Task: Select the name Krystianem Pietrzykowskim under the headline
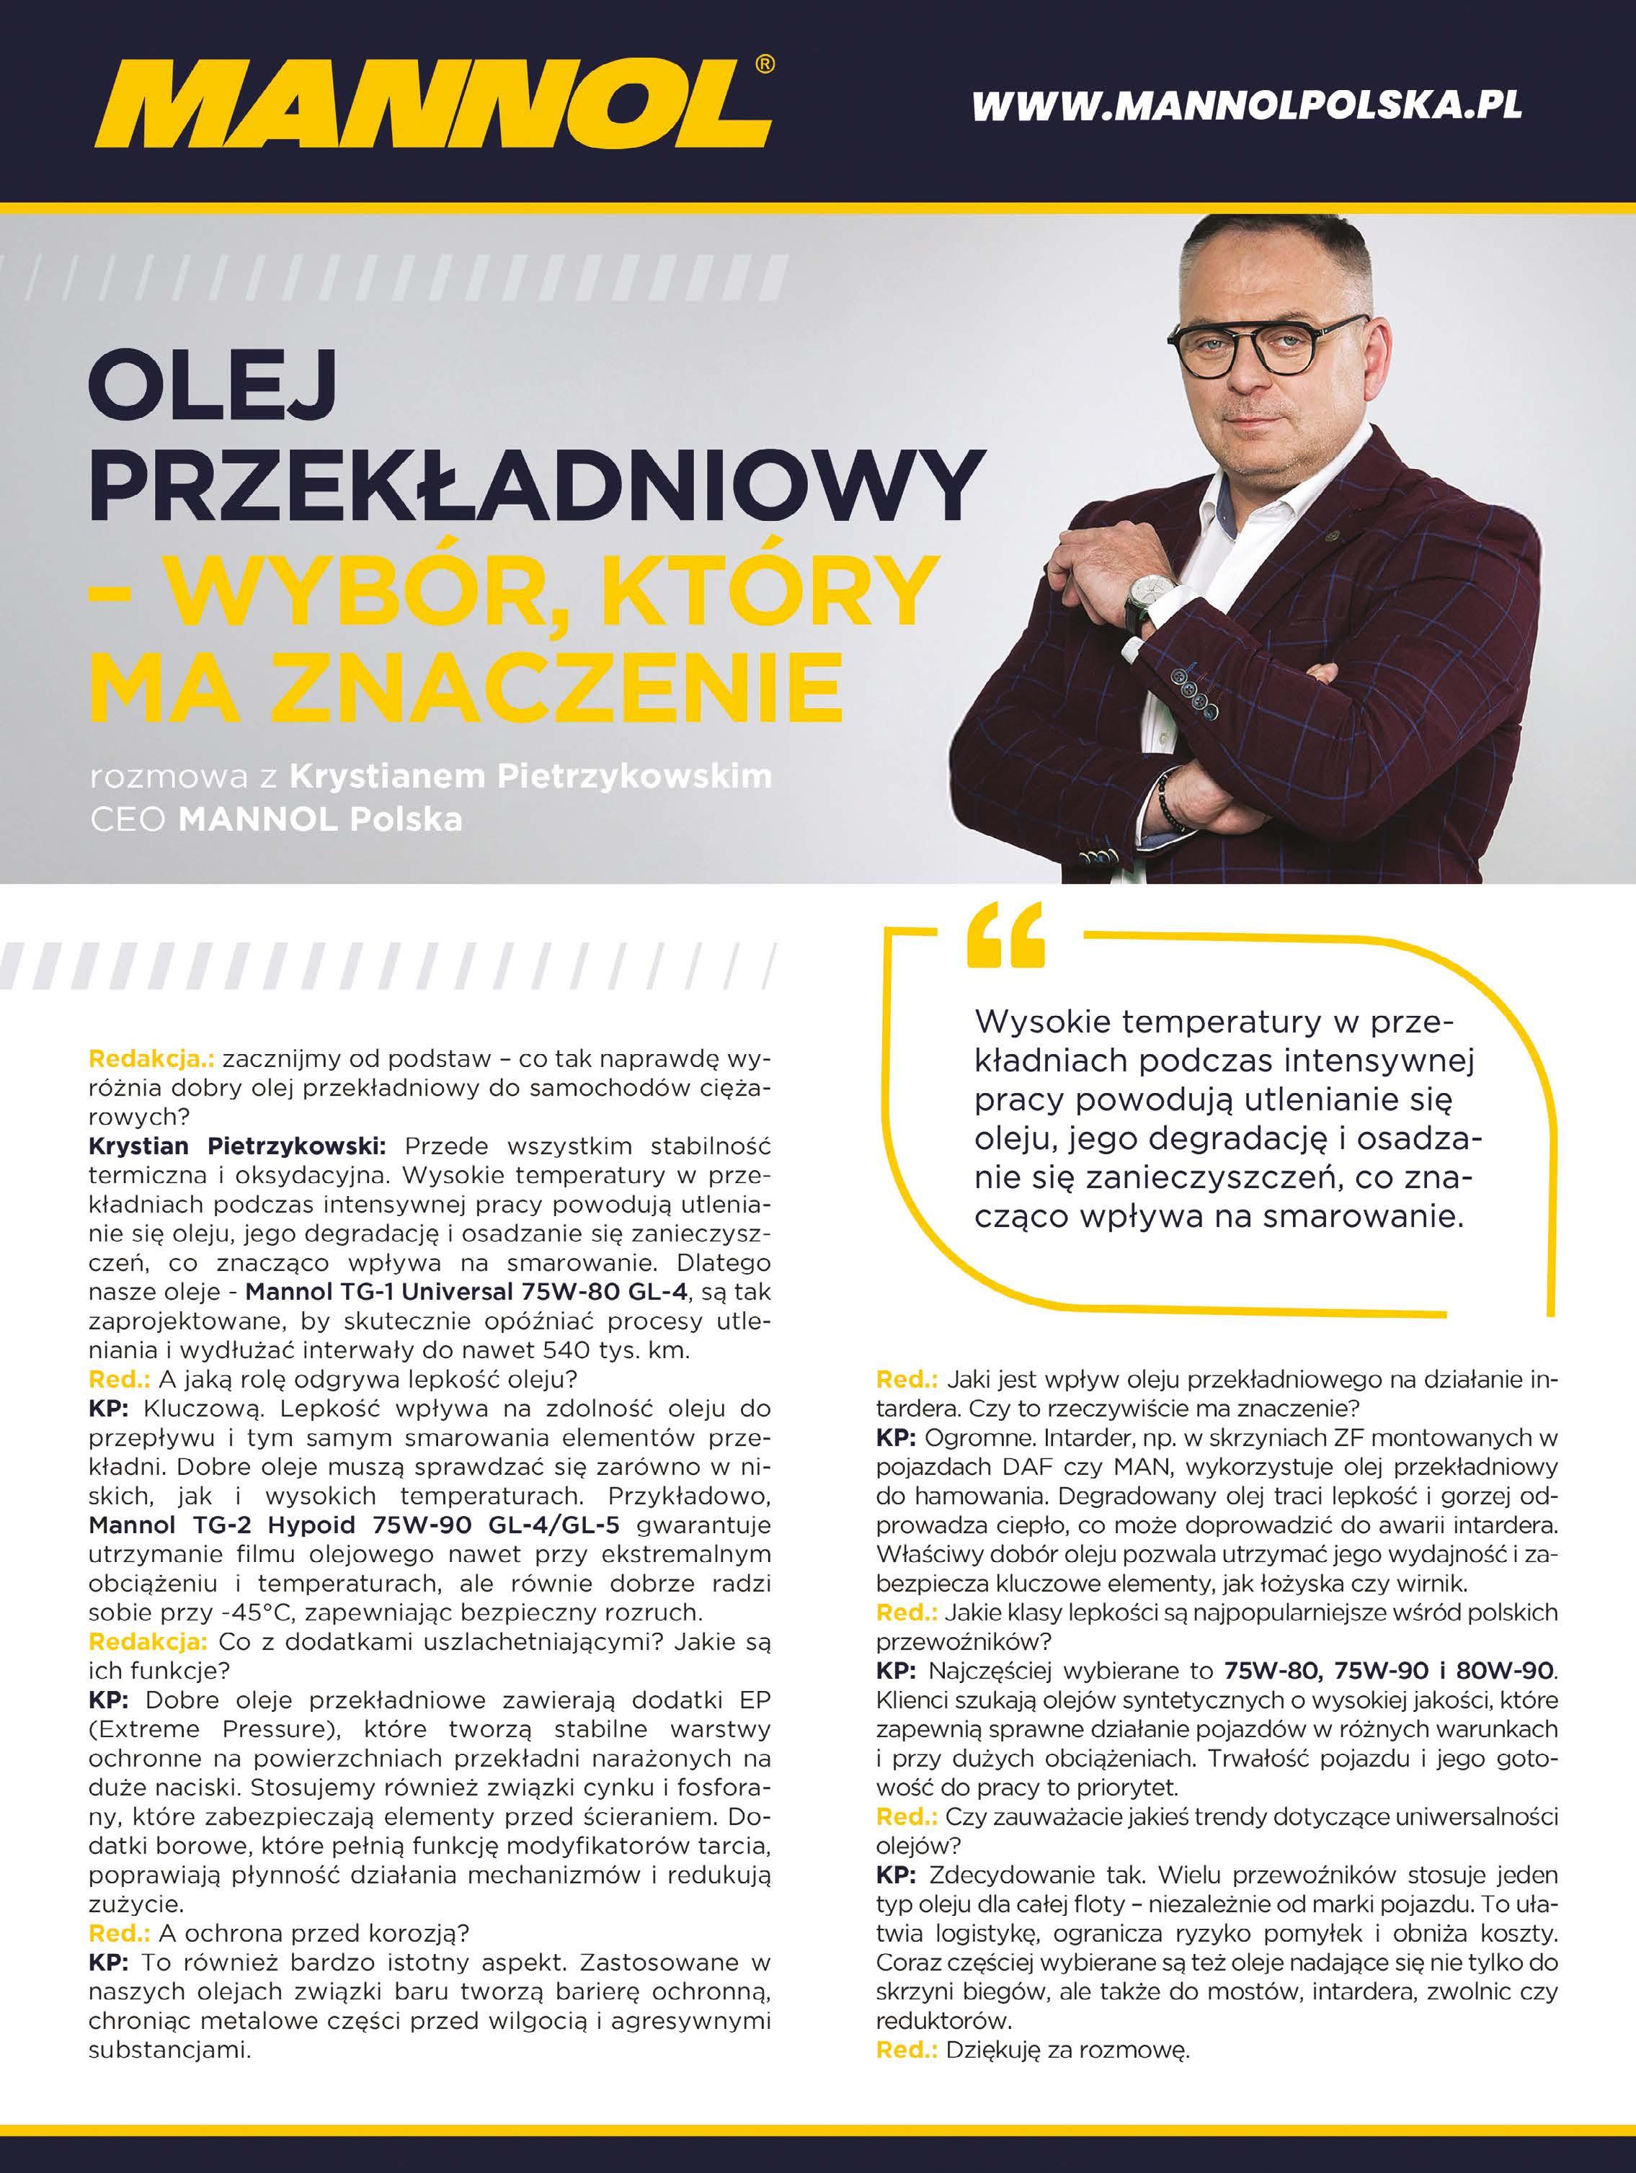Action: pyautogui.click(x=530, y=776)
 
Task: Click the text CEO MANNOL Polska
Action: pyautogui.click(x=276, y=819)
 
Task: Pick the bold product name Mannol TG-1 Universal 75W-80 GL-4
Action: pyautogui.click(x=464, y=1291)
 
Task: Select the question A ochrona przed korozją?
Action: pyautogui.click(x=313, y=1932)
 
